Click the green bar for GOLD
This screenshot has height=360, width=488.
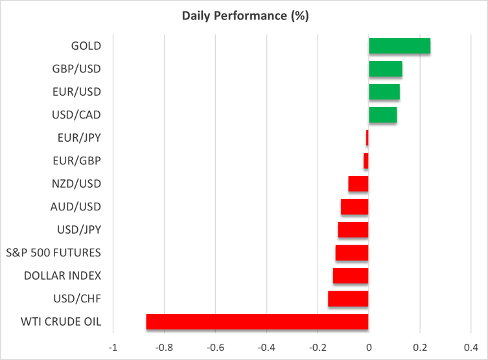[399, 46]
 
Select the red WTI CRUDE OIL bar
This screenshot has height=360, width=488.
[257, 322]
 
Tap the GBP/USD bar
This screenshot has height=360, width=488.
[386, 69]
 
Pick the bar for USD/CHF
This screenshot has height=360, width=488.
[348, 298]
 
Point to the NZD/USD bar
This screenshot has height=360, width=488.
[358, 184]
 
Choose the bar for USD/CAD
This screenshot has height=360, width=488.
[382, 115]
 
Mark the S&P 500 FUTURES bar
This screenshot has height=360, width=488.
[352, 253]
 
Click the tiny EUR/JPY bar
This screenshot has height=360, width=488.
[367, 138]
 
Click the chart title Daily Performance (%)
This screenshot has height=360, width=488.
[244, 16]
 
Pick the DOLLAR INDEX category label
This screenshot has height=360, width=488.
[62, 275]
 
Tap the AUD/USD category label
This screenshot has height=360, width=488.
[76, 207]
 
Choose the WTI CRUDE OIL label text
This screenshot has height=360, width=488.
[62, 321]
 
